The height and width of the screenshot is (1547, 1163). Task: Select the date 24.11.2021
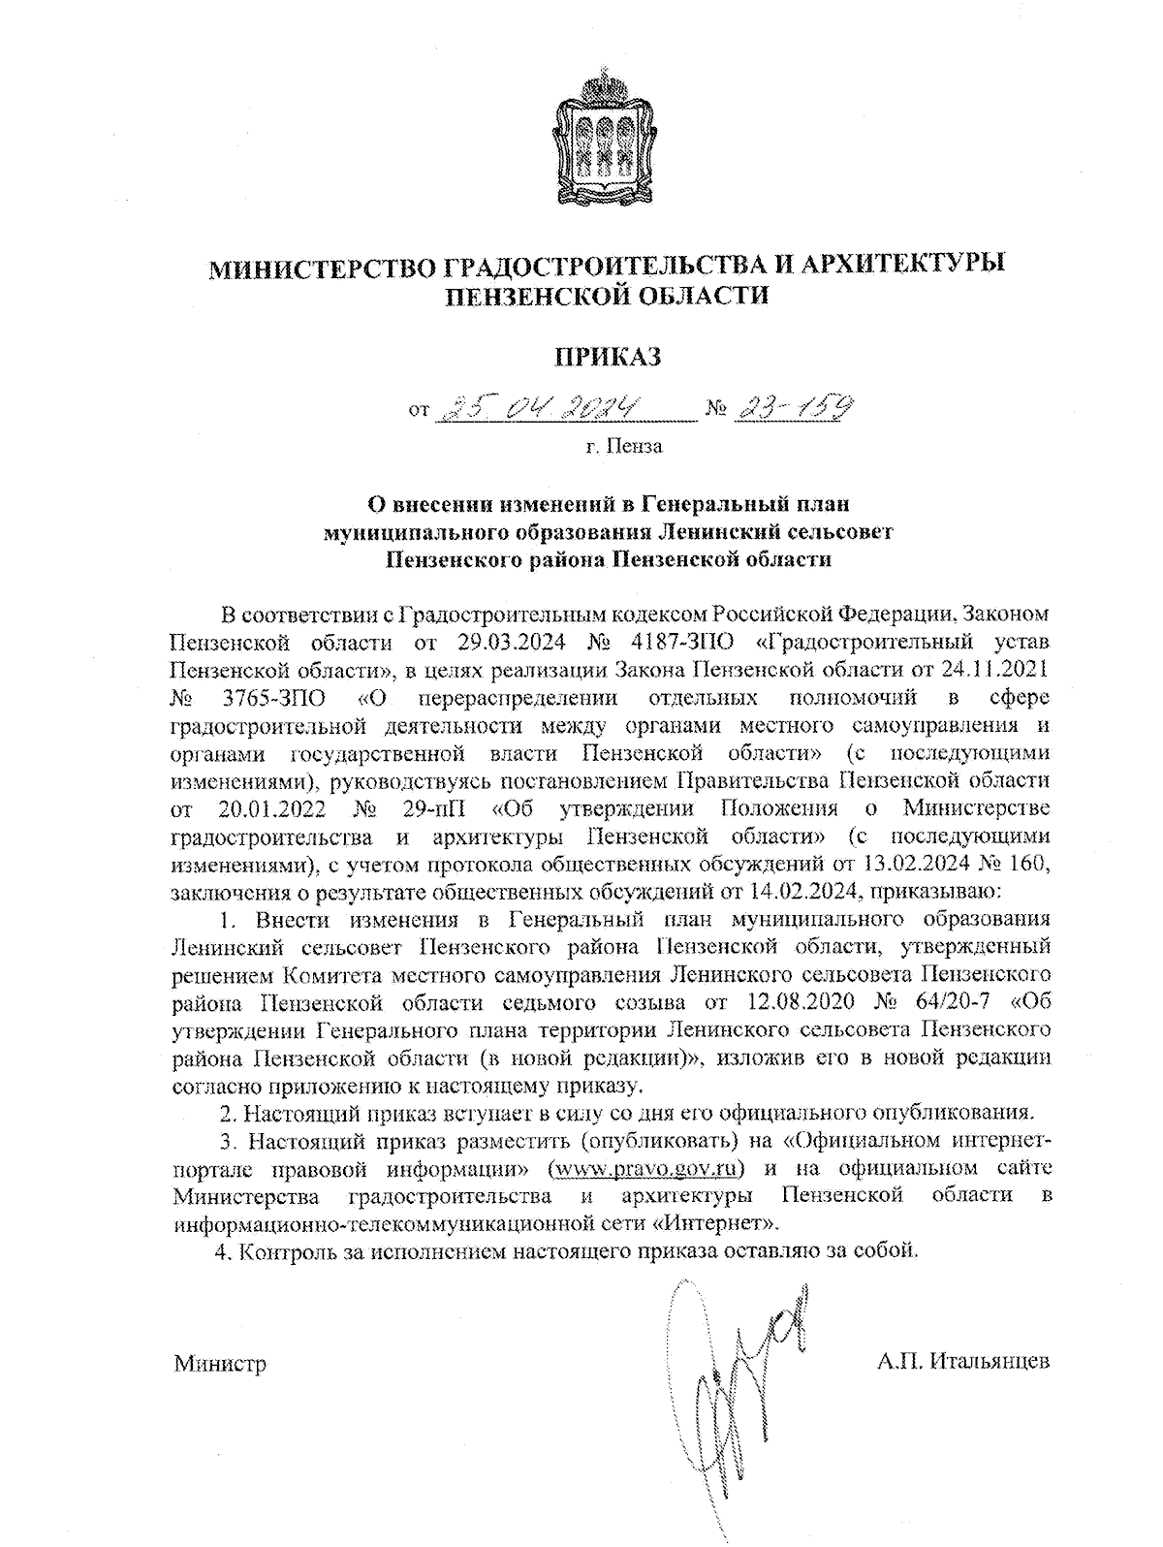pos(999,669)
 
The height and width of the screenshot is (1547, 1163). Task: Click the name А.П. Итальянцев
pos(963,1362)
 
